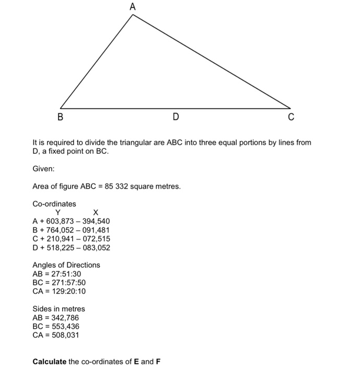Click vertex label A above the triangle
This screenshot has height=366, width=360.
132,7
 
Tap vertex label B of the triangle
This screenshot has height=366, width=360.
60,117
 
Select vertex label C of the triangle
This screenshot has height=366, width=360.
291,117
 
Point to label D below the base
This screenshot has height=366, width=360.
176,117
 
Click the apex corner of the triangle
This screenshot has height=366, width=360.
133,15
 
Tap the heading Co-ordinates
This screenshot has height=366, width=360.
54,204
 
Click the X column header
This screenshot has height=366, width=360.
96,212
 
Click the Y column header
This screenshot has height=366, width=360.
58,212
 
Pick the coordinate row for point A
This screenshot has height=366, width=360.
71,221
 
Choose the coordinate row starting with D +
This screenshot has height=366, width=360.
71,247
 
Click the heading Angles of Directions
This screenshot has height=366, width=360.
66,265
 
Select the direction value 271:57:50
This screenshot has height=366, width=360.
65,282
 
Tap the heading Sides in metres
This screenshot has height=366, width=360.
59,309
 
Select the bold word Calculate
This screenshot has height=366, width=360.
49,361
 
